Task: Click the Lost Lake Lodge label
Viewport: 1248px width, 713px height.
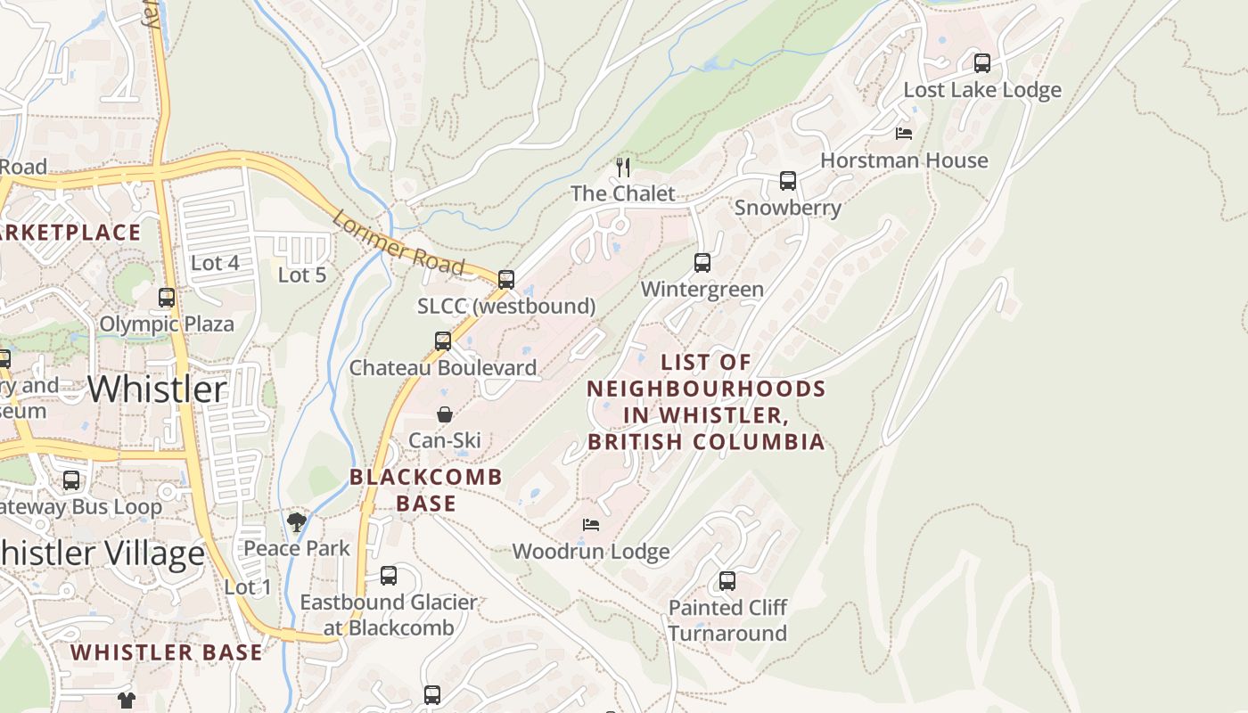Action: [982, 90]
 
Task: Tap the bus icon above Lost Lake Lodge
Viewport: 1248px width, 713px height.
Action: [981, 63]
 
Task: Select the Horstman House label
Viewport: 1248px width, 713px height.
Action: [904, 160]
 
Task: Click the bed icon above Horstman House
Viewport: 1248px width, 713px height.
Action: [903, 134]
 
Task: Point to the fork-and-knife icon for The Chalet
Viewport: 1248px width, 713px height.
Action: [623, 167]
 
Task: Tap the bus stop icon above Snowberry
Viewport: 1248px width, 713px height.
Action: [787, 181]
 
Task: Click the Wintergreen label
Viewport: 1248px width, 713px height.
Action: [702, 290]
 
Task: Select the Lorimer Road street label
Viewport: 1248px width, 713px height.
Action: [398, 242]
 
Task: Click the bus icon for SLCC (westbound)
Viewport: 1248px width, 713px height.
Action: [506, 280]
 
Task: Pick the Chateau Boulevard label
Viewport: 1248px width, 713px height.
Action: [443, 368]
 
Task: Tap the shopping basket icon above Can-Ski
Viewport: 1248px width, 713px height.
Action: [444, 414]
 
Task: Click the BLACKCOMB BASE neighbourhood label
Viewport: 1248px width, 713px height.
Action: [426, 490]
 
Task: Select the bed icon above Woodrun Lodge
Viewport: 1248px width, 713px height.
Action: [590, 525]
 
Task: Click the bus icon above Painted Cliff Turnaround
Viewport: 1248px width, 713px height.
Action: [727, 582]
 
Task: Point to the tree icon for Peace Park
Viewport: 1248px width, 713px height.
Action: [297, 522]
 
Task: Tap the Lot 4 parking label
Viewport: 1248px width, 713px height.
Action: [215, 263]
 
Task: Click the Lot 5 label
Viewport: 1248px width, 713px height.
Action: [302, 275]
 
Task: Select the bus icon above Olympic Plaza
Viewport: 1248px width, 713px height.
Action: [167, 298]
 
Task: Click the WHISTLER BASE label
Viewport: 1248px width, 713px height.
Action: [167, 652]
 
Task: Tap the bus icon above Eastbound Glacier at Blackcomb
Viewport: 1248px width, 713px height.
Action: [388, 576]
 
